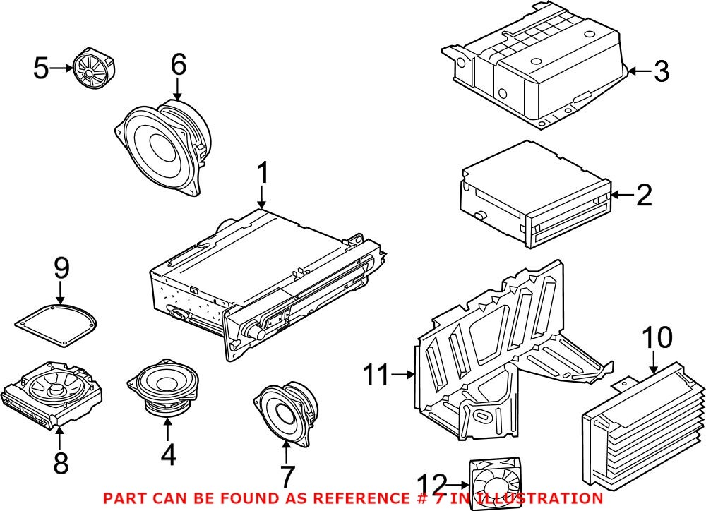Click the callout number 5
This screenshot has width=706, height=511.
tap(42, 68)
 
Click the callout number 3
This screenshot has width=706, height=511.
tap(660, 71)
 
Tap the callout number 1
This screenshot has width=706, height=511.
tap(263, 172)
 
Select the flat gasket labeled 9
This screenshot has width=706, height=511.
tap(57, 323)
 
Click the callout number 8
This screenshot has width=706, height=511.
tap(61, 464)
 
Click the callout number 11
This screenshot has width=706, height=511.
tap(377, 375)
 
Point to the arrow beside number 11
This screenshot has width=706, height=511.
tap(404, 375)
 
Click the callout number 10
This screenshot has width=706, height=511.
tap(657, 339)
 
